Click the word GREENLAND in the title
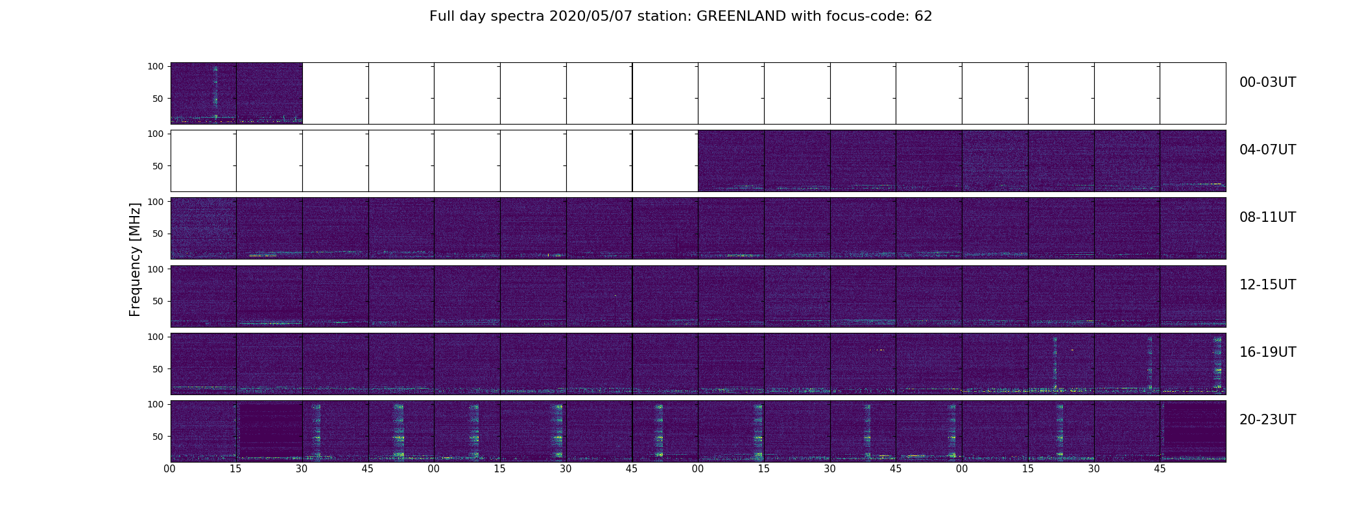743,16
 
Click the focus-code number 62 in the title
924,16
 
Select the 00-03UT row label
1267,82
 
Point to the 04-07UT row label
1267,150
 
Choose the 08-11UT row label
1267,217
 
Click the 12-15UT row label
1267,285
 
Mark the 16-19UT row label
1267,352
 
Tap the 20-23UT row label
1267,420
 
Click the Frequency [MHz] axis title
135,259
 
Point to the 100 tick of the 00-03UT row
156,66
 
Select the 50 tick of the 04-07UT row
158,166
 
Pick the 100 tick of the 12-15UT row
156,269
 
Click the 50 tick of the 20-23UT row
158,437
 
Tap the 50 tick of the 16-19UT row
158,369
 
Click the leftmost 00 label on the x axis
170,469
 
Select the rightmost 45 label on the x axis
1160,469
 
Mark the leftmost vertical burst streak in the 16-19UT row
1055,363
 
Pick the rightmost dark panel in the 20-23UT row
1193,431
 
